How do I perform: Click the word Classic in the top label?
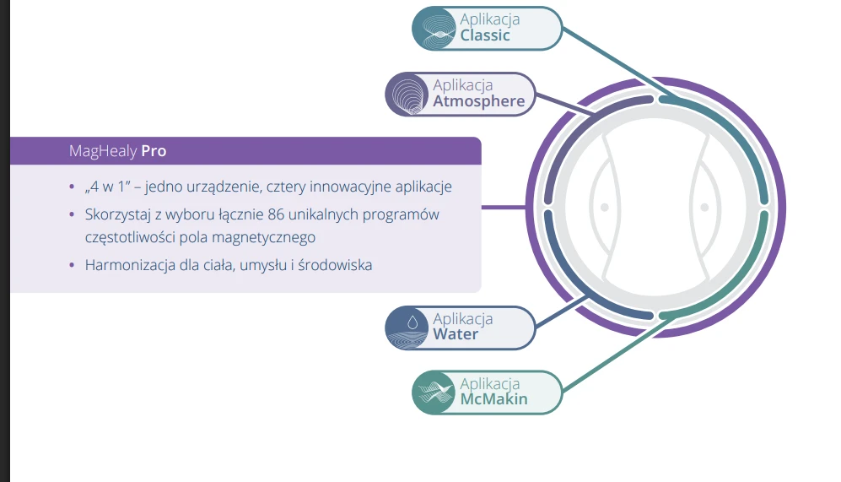tap(485, 35)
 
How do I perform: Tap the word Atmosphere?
tap(479, 101)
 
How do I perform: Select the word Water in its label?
tap(456, 334)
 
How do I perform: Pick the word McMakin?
tap(494, 398)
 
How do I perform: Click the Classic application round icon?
tap(434, 29)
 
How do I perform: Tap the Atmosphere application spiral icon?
tap(407, 95)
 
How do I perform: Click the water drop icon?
tap(412, 322)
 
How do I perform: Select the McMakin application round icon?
tap(434, 393)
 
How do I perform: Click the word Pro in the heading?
tap(154, 151)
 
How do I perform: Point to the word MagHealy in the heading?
tap(103, 151)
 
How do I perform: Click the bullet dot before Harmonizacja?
tap(72, 264)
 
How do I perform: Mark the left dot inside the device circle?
tap(605, 207)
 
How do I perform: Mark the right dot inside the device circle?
tap(704, 207)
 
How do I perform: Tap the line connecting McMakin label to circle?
tap(615, 355)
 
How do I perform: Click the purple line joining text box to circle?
tap(504, 207)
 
